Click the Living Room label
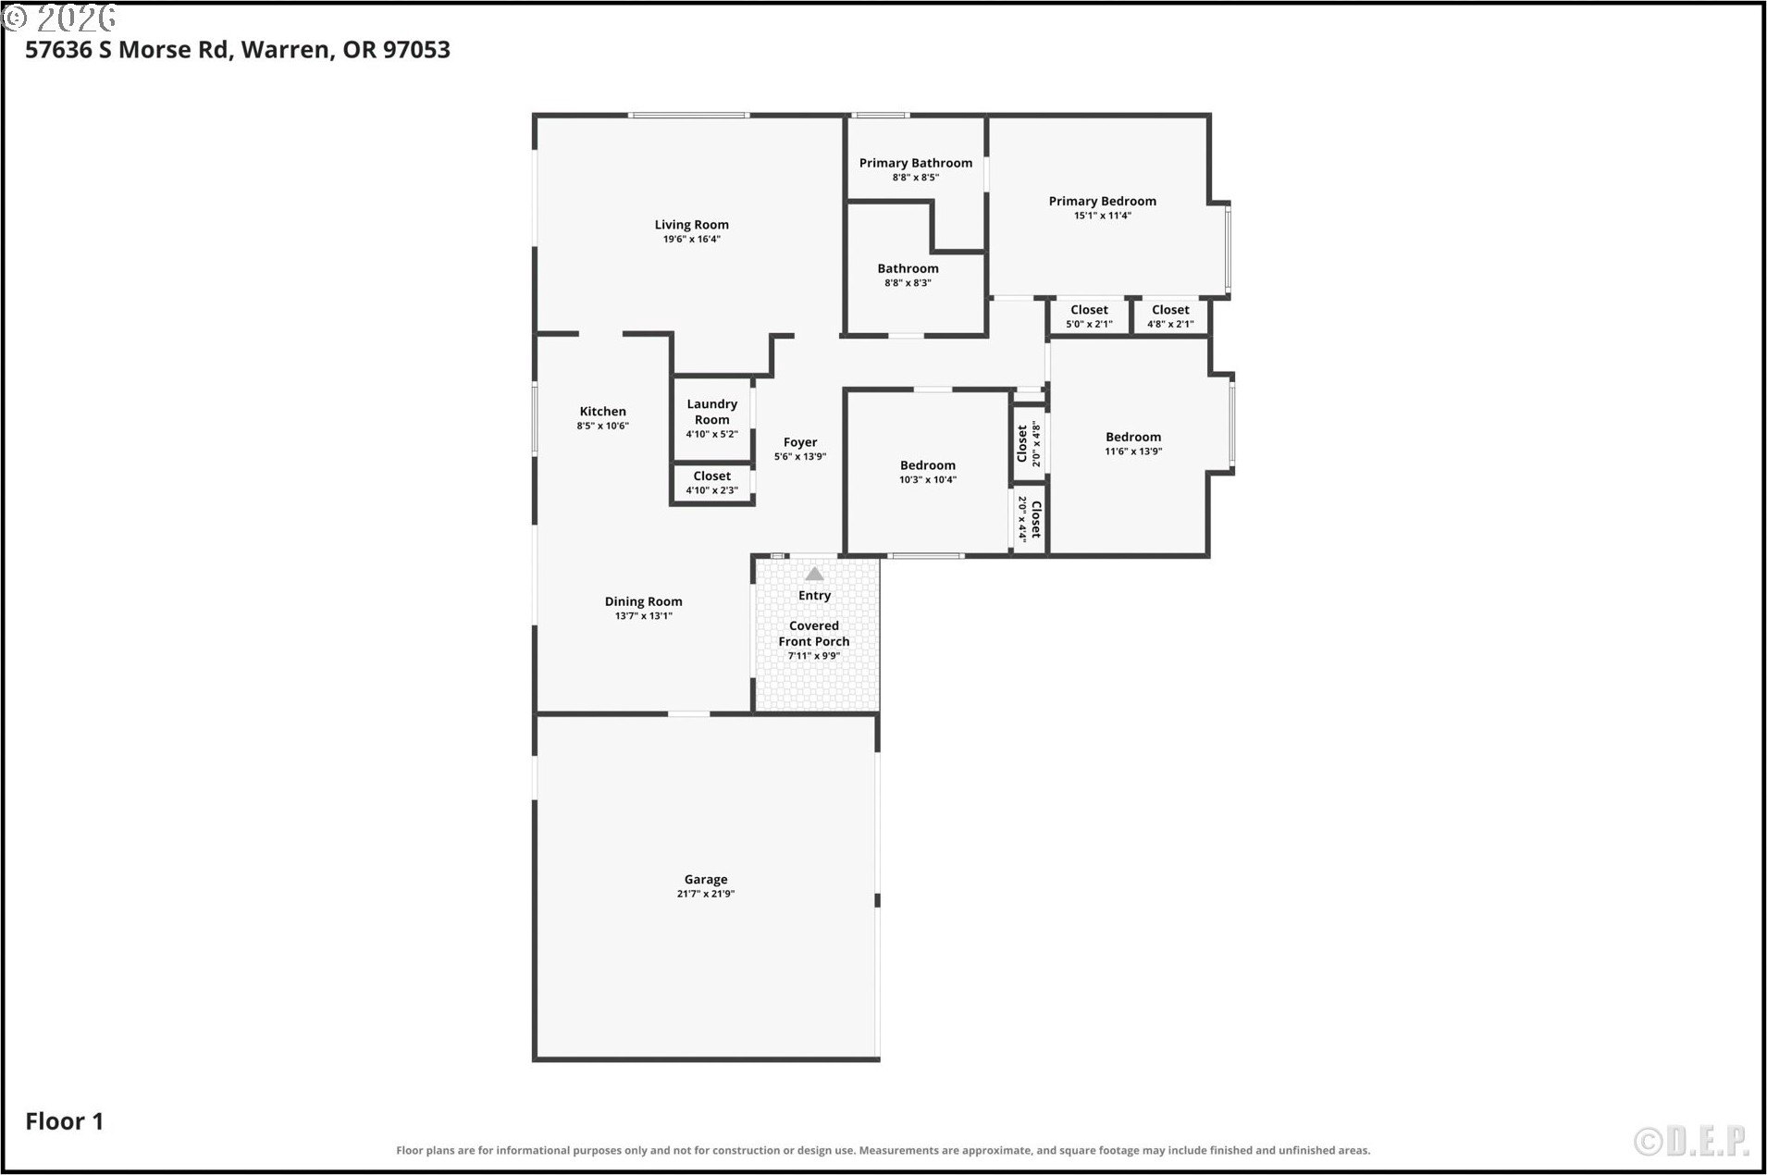pos(691,225)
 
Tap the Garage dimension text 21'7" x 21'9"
pos(706,895)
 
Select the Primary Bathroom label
pos(916,163)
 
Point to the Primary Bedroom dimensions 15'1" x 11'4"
pos(1103,216)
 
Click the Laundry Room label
pos(712,412)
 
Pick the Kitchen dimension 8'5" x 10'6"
pos(603,427)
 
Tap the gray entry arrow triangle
pos(814,574)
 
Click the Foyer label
pos(800,442)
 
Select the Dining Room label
pos(644,601)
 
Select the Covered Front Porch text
pos(814,634)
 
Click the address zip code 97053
pos(416,50)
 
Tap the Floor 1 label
pos(65,1121)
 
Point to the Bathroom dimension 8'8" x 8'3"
pos(908,283)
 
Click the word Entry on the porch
pos(814,596)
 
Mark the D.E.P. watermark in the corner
pos(1691,1142)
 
